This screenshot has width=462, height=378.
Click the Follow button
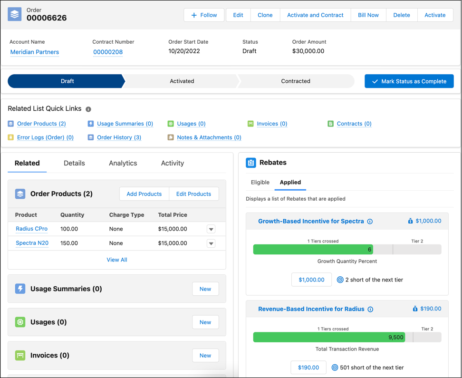204,15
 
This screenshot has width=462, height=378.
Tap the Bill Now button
368,15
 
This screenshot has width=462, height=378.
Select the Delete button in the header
401,15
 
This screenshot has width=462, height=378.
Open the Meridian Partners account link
35,52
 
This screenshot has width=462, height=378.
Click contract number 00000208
108,52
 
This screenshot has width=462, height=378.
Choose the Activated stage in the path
182,81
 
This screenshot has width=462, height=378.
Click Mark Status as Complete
409,81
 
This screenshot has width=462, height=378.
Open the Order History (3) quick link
119,137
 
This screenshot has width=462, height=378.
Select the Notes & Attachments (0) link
209,137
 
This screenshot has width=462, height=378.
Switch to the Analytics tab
123,163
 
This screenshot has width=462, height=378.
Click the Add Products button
144,194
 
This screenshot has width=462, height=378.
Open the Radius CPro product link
31,229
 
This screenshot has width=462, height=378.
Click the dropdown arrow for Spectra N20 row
211,243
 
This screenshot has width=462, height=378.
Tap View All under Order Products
117,260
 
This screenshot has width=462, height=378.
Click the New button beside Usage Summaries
205,289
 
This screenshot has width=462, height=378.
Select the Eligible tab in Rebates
260,182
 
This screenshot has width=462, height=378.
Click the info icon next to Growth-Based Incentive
370,222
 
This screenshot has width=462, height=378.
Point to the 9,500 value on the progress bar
395,337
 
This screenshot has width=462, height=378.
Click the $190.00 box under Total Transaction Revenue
308,367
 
